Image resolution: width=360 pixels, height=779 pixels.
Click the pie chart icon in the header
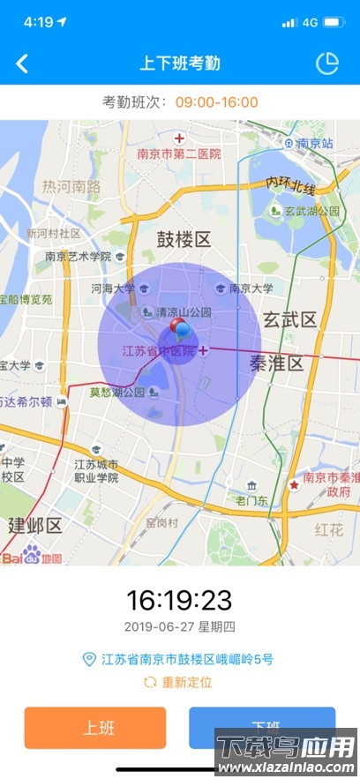(327, 64)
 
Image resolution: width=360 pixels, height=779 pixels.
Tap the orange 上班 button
(95, 728)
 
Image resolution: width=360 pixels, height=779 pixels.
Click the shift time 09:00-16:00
(216, 102)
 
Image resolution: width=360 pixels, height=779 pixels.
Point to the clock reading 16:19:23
(179, 601)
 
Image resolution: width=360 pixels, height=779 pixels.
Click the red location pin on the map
(179, 329)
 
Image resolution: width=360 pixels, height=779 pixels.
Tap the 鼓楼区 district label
(184, 240)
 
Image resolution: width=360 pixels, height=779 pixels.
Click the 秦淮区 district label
(277, 363)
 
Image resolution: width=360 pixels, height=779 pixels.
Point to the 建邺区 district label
(35, 526)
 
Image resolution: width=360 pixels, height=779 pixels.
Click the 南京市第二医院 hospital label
(179, 154)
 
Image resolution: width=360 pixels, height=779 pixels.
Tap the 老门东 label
(251, 500)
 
